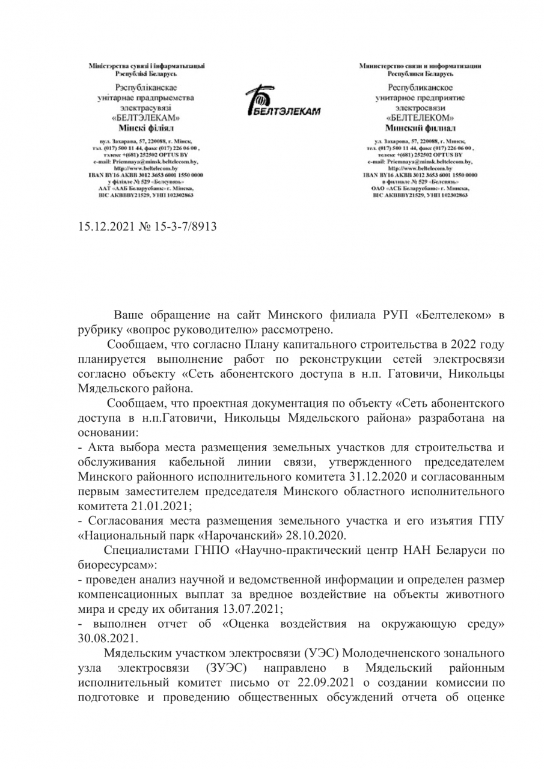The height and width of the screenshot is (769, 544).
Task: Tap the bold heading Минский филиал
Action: point(420,128)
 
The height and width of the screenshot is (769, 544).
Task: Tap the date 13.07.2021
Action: point(248,607)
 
